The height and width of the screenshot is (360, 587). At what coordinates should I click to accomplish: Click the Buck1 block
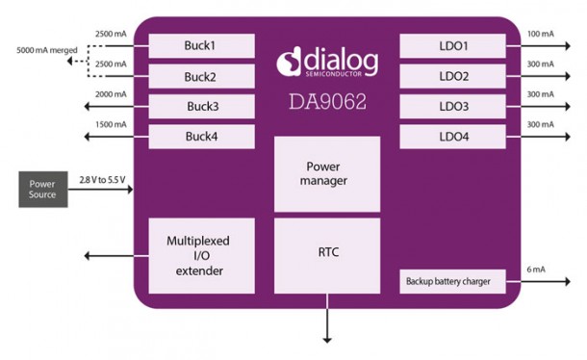tap(202, 46)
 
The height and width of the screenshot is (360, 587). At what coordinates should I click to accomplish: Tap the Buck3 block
tap(202, 107)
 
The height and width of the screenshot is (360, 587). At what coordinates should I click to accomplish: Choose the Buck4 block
tap(202, 137)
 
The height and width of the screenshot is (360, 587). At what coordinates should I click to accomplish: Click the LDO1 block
tap(452, 46)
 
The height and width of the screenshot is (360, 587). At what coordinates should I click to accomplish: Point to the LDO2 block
tap(452, 76)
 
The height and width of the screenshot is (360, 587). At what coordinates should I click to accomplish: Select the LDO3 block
tap(452, 106)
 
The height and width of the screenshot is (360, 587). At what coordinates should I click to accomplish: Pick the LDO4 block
tap(452, 137)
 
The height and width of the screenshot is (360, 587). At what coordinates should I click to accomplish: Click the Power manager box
tap(325, 173)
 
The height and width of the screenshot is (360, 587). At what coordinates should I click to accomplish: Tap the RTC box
tap(325, 253)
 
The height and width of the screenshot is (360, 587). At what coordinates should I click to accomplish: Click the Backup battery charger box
tap(452, 281)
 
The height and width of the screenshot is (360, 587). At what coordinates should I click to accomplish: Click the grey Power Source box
tap(42, 190)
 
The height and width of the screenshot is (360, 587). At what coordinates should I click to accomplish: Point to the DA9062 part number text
tap(325, 100)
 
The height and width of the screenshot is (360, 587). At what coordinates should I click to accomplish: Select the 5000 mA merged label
tap(40, 50)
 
